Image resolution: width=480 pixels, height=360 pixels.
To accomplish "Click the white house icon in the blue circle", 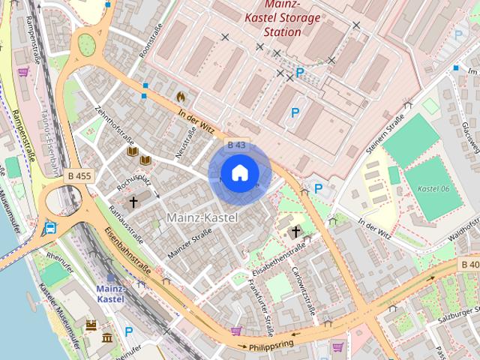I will (238, 173).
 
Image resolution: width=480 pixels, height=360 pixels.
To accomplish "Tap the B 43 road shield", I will (236, 145).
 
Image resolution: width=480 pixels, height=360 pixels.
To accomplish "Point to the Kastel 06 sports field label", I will (434, 188).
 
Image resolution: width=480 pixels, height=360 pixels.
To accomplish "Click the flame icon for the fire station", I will (180, 97).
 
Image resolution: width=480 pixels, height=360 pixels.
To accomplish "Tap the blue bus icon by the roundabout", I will (49, 228).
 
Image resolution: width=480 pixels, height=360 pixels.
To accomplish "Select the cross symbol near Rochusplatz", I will (133, 202).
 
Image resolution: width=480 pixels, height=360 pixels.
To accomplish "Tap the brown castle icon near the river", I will (91, 325).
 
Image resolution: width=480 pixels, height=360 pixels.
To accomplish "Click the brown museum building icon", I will (106, 338).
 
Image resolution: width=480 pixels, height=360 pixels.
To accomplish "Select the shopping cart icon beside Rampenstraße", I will (23, 73).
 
